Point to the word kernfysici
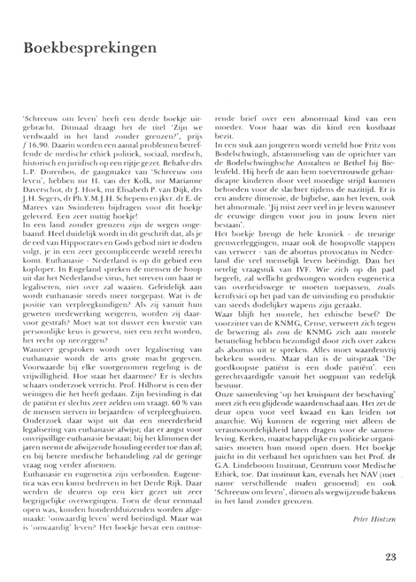tap(237, 292)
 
